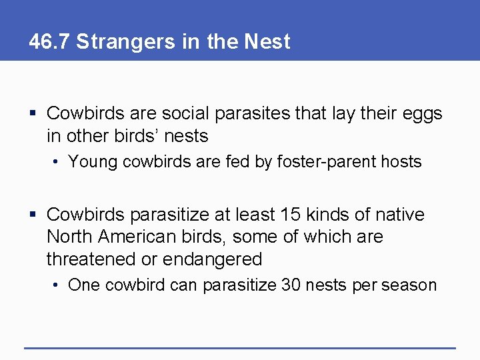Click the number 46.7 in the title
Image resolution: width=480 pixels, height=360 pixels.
point(49,41)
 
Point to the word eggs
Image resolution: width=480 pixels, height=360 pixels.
point(423,115)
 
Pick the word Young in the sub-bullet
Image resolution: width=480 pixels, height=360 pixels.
point(91,161)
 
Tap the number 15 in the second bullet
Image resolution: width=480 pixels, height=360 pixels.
point(291,215)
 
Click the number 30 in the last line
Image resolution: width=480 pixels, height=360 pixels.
point(291,285)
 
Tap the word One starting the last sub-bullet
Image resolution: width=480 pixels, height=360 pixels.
point(83,285)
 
